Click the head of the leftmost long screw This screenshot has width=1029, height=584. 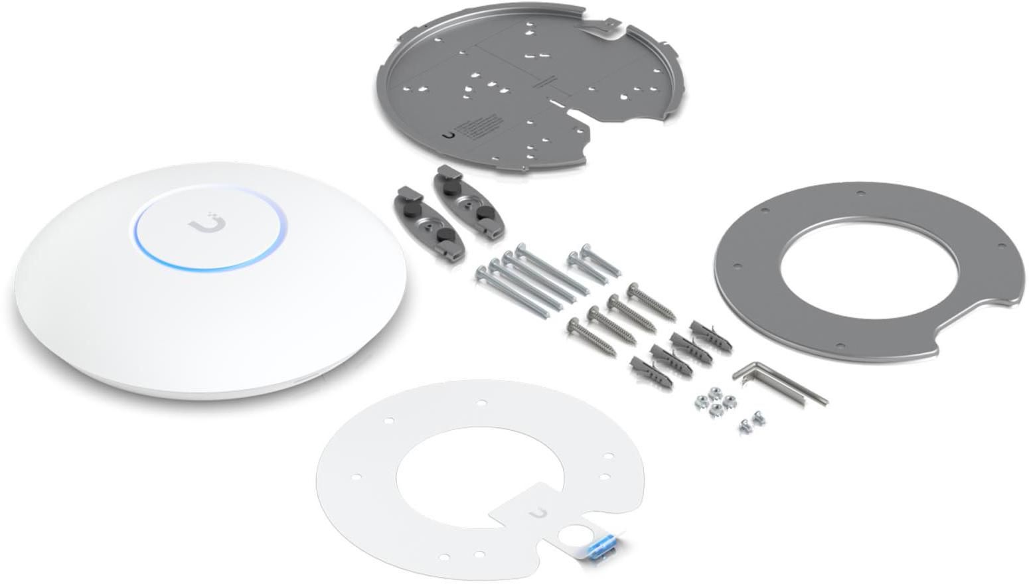click(481, 271)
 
